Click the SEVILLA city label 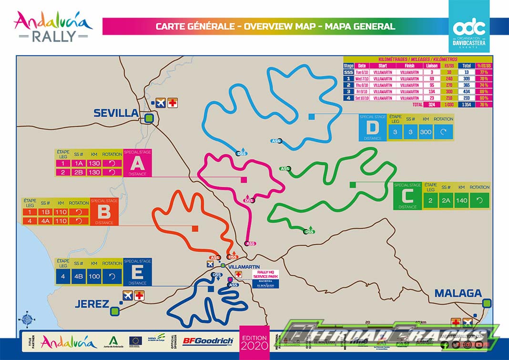pos(116,113)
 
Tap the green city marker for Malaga pos(487,303)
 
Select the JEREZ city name pos(92,304)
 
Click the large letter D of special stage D pos(372,127)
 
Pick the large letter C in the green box pos(407,196)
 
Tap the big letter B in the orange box pos(104,212)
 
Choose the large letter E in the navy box pos(137,272)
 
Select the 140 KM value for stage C pos(462,200)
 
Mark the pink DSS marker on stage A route pos(249,200)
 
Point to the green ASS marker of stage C pos(285,169)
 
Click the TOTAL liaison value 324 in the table pos(432,104)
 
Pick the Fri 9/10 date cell pos(362,91)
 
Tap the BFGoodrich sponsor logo pos(208,341)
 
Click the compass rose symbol pos(26,319)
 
